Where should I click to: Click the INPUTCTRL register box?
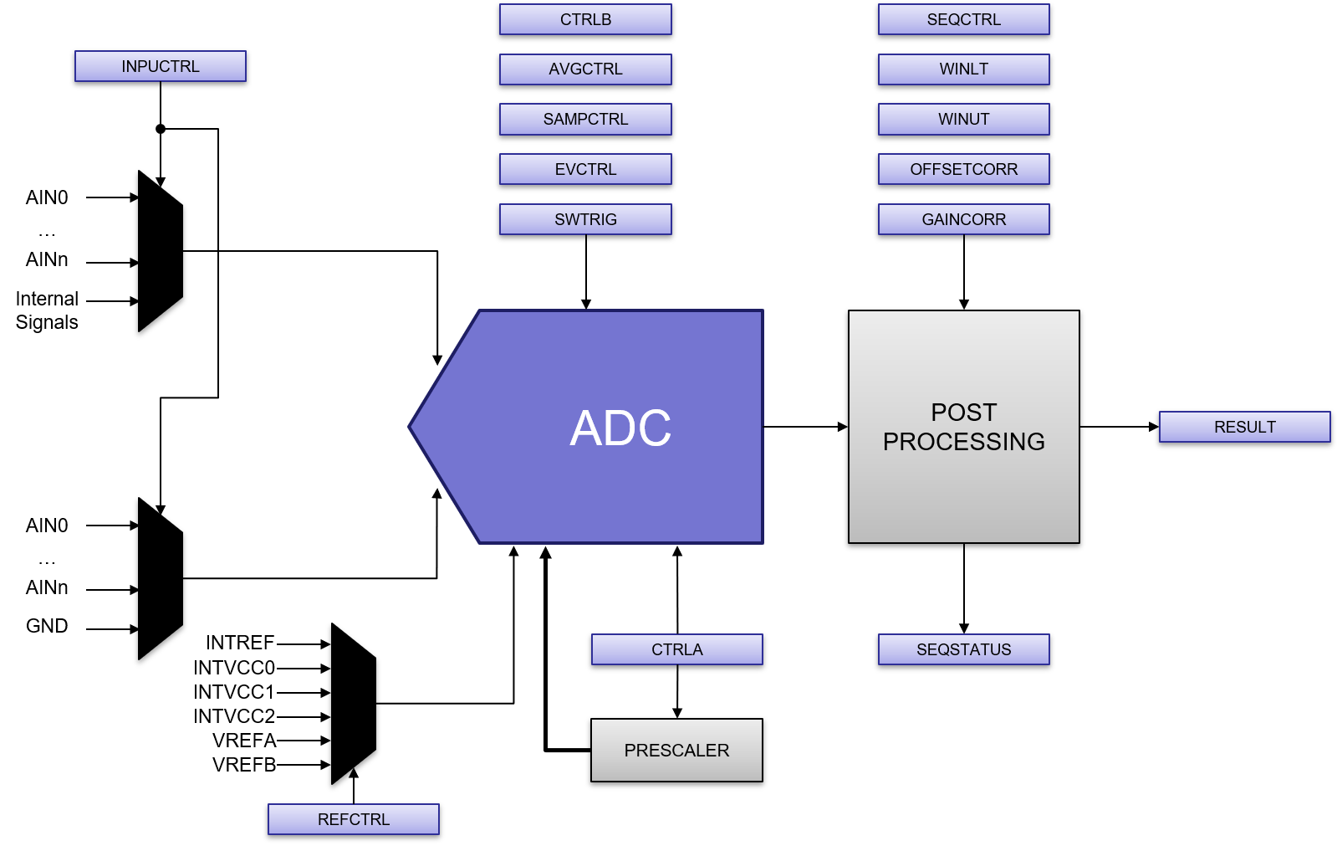tap(161, 66)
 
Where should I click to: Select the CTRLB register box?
tap(585, 19)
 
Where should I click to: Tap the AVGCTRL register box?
tap(585, 69)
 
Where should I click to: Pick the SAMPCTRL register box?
tap(585, 119)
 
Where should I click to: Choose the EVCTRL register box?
tap(585, 169)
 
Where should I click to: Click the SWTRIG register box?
tap(585, 219)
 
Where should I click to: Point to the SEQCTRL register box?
tap(963, 19)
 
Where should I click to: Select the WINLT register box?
tap(963, 69)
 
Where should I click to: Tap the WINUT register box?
tap(963, 119)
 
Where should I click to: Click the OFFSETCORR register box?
tap(963, 169)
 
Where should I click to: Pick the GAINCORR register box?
tap(963, 219)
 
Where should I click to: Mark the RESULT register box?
tap(1244, 427)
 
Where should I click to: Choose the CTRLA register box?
tap(677, 649)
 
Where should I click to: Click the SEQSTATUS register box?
tap(963, 649)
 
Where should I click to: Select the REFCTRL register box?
tap(354, 819)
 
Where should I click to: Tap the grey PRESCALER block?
tap(676, 750)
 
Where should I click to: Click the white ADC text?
tap(620, 428)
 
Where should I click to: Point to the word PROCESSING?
tap(963, 442)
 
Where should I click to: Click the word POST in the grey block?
tap(963, 413)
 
